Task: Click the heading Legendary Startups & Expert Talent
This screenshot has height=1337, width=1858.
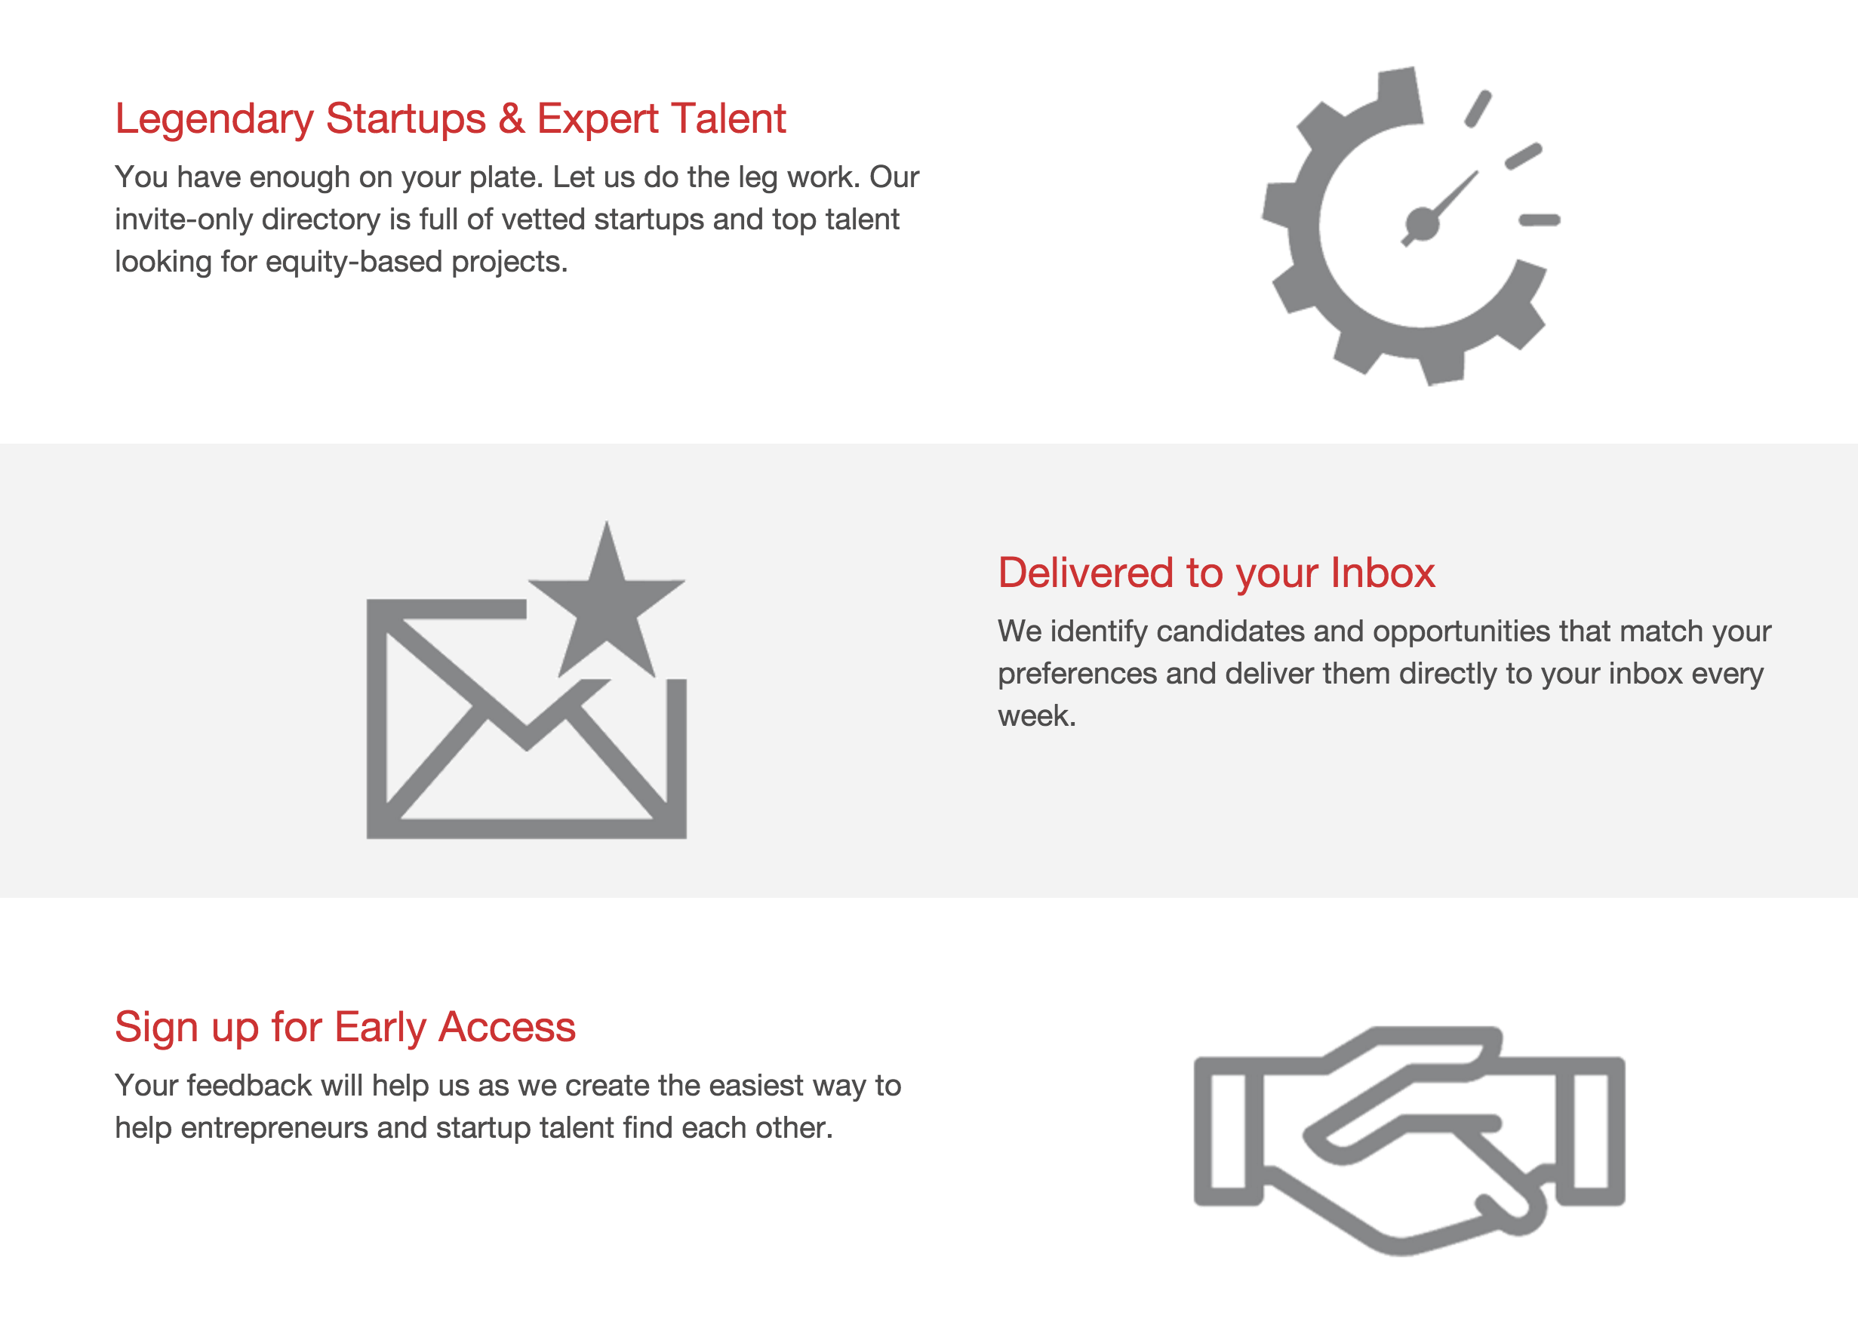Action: tap(450, 118)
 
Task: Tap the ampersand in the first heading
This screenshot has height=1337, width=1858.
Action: tap(511, 118)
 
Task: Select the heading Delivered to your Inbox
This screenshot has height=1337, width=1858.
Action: tap(1216, 573)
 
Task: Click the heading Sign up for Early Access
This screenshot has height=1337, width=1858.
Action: tap(345, 1028)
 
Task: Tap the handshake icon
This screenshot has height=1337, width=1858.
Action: tap(1409, 1139)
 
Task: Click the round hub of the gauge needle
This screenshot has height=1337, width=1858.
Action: tap(1422, 223)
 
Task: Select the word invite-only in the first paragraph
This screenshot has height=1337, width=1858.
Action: tap(183, 220)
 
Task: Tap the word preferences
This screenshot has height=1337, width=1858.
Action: tap(1077, 675)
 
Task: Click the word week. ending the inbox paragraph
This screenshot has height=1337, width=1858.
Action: tap(1036, 717)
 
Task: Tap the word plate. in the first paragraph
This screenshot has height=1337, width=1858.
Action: tap(506, 178)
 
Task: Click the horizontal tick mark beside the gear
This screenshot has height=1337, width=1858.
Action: tap(1540, 220)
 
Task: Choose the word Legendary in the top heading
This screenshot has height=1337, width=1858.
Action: tap(214, 118)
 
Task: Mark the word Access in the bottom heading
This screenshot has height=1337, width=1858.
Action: tap(507, 1028)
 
